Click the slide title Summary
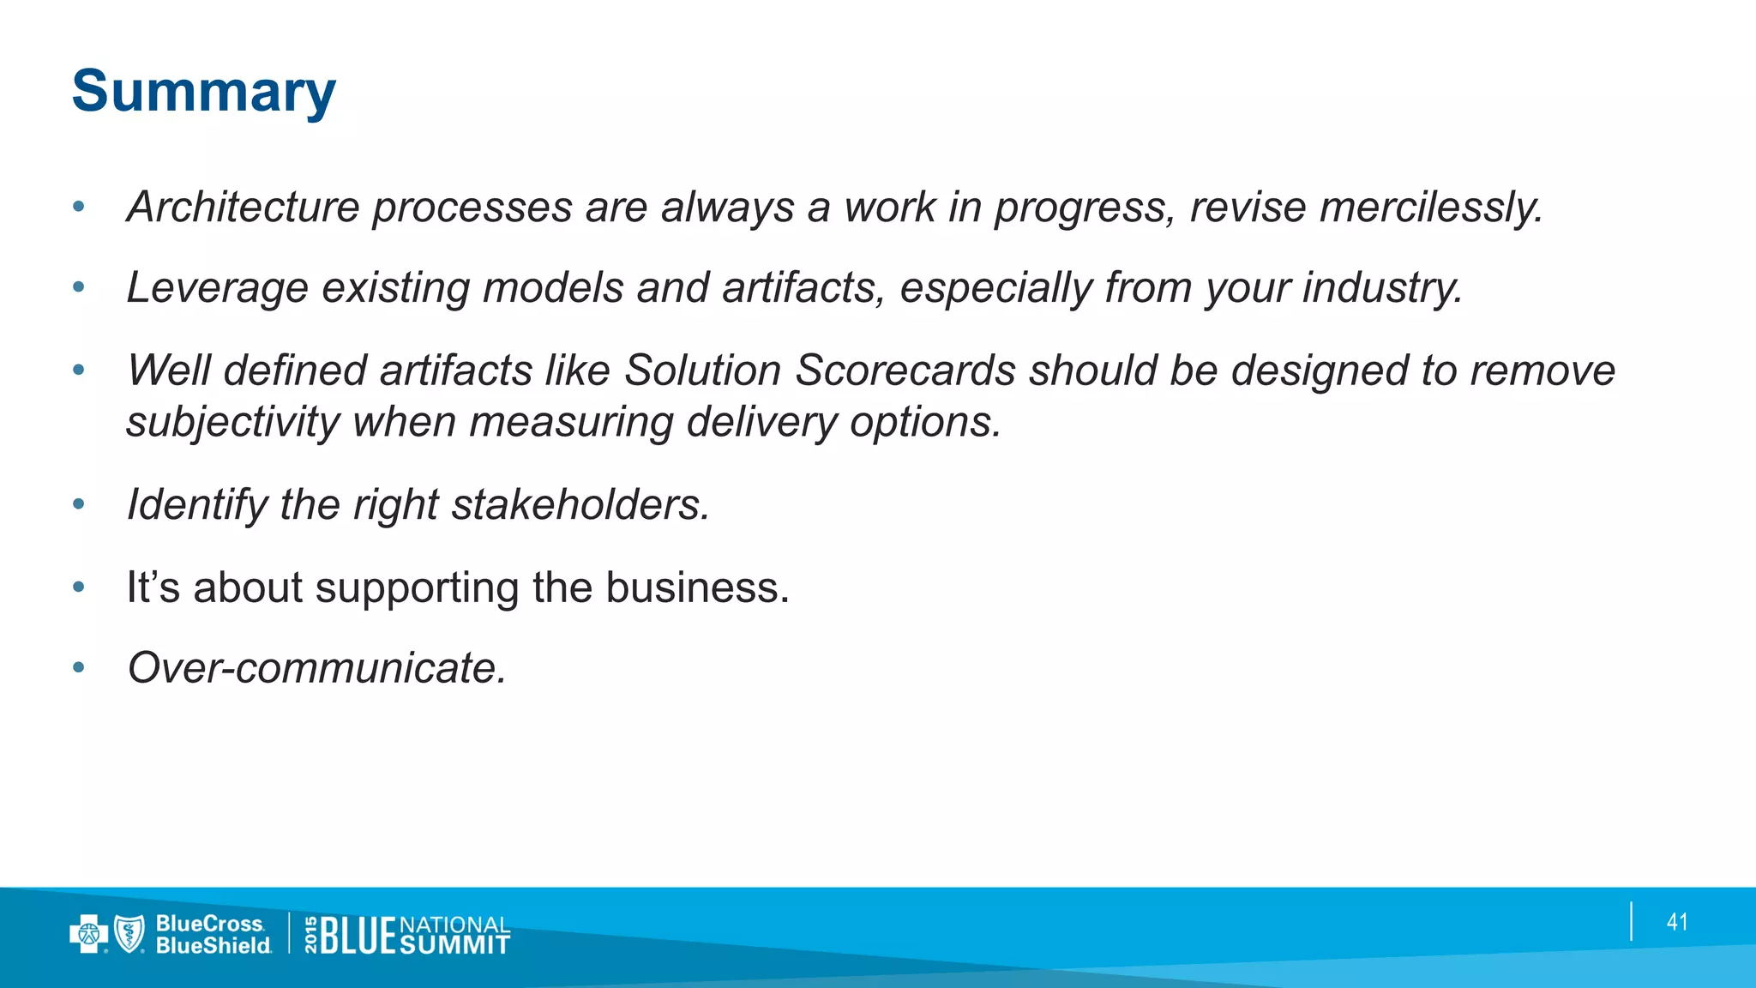pyautogui.click(x=204, y=92)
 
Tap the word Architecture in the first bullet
pyautogui.click(x=243, y=208)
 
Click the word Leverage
pyautogui.click(x=217, y=288)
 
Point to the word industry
pyautogui.click(x=1382, y=288)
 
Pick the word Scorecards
pyautogui.click(x=905, y=370)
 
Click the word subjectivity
pyautogui.click(x=232, y=422)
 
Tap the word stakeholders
pyautogui.click(x=580, y=504)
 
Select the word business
pyautogui.click(x=697, y=588)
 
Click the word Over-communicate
pyautogui.click(x=317, y=668)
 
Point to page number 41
pyautogui.click(x=1677, y=922)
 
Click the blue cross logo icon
pyautogui.click(x=87, y=934)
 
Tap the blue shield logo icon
pyautogui.click(x=129, y=934)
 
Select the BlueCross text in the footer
pyautogui.click(x=210, y=924)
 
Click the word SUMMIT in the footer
pyautogui.click(x=454, y=945)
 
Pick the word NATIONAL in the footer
pyautogui.click(x=454, y=925)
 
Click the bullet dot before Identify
pyautogui.click(x=79, y=504)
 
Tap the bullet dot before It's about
pyautogui.click(x=79, y=588)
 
